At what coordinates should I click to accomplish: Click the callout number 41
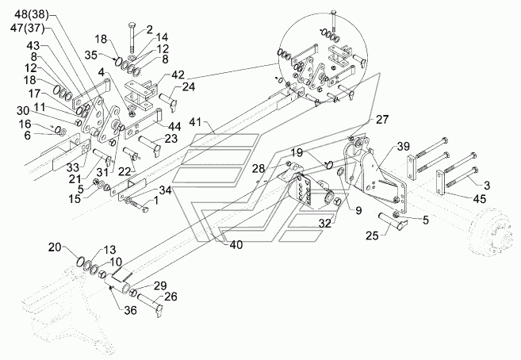coord(195,122)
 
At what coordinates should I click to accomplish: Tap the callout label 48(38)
coord(32,14)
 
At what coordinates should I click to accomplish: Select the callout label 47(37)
coord(27,29)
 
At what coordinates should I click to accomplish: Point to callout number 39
coord(403,146)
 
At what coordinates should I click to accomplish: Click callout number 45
coord(479,198)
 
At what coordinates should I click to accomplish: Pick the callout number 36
coord(130,310)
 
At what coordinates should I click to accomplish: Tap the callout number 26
coord(170,297)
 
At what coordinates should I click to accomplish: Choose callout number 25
coord(372,236)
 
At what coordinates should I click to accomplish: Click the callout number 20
coord(55,247)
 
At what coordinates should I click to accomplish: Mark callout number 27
coord(382,120)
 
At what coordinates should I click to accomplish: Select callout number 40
coord(236,245)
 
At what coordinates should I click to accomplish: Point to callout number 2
coord(149,29)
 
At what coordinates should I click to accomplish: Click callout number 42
coord(178,75)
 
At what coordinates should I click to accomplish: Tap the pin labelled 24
coord(168,100)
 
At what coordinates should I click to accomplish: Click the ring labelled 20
coord(81,261)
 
